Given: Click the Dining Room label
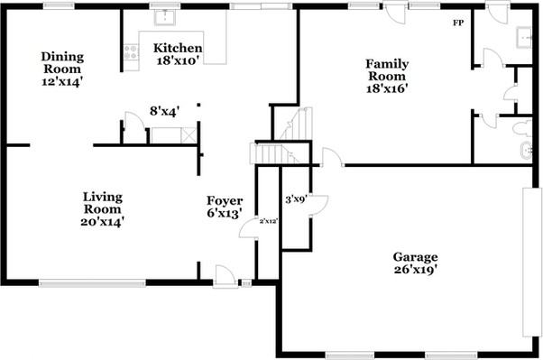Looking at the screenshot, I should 61,61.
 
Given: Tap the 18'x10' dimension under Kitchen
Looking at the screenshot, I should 177,60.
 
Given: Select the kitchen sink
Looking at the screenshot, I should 164,17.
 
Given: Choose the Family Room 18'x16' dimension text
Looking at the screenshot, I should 386,89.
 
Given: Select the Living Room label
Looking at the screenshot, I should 103,202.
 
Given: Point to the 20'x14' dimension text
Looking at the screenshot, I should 103,220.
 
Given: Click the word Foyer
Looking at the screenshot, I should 224,200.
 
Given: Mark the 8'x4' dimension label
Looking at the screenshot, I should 163,111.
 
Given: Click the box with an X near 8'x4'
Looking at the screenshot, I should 188,134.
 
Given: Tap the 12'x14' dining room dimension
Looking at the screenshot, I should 61,81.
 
